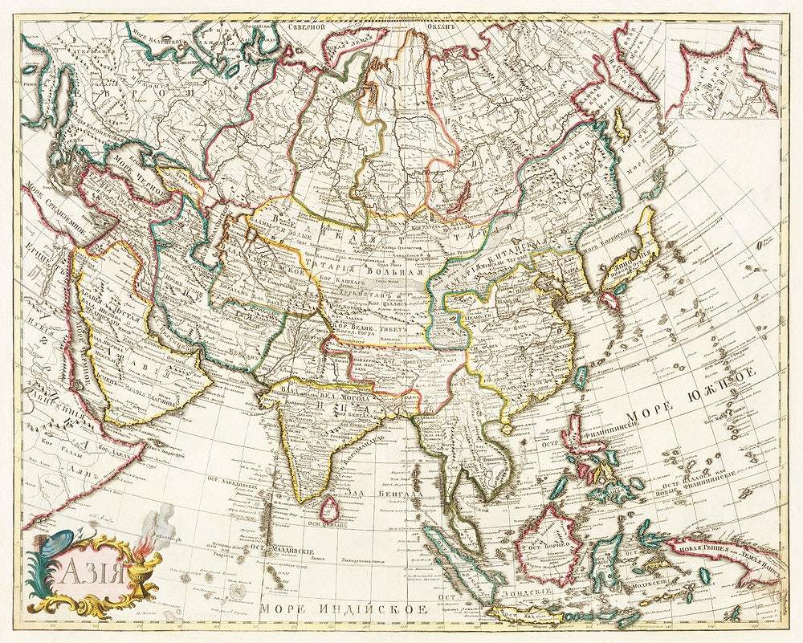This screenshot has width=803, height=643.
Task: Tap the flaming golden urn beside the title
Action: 147,572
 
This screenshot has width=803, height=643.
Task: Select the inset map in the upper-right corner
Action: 720,70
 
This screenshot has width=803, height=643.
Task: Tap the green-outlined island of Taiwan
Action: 580,376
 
